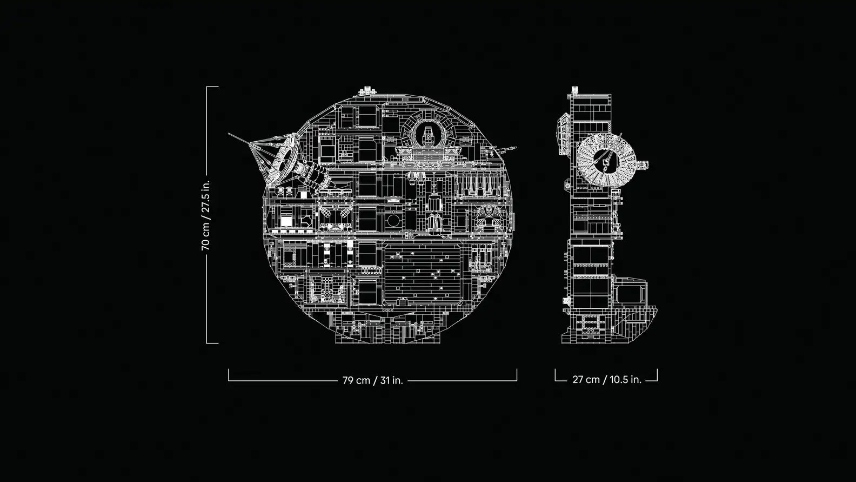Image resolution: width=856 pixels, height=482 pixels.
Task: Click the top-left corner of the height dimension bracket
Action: point(207,87)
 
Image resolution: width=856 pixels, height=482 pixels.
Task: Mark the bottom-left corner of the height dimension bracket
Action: point(207,343)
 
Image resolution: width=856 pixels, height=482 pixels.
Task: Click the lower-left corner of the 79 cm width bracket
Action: point(229,381)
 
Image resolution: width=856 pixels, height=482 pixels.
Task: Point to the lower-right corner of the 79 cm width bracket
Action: point(517,381)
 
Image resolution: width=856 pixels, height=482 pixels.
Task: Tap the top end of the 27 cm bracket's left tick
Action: point(555,369)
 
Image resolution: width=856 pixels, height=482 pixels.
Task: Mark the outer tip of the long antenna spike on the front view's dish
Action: point(229,134)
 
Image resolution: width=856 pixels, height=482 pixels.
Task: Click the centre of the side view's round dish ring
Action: point(606,160)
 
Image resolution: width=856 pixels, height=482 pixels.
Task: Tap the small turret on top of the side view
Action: point(574,90)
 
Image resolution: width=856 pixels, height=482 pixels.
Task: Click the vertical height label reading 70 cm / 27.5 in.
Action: point(205,215)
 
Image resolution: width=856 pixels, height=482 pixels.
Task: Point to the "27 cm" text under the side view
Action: point(586,380)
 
